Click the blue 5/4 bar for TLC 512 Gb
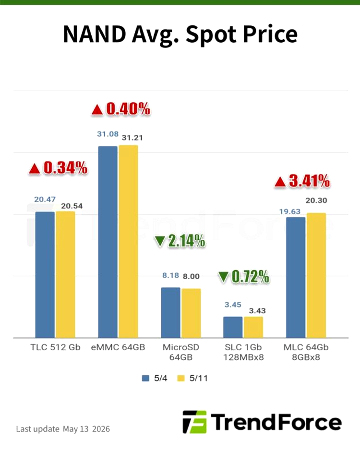pos(45,274)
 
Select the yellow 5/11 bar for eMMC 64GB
pos(128,241)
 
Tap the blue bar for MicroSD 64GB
pos(170,312)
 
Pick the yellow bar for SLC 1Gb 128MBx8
pos(253,327)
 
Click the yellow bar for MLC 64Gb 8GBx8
pos(316,275)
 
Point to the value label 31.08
pos(108,134)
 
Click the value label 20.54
pos(72,206)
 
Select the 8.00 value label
pos(191,276)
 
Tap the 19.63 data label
pos(289,212)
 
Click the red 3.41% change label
pos(309,181)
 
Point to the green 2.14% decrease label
pos(187,240)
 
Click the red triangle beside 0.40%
pos(97,110)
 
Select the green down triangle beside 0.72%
pos(223,277)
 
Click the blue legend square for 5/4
pos(145,378)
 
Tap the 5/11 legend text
pos(198,378)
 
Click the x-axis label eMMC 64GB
pos(118,347)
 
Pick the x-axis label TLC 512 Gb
pos(55,347)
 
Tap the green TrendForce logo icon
pos(195,422)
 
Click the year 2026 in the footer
pos(101,429)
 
